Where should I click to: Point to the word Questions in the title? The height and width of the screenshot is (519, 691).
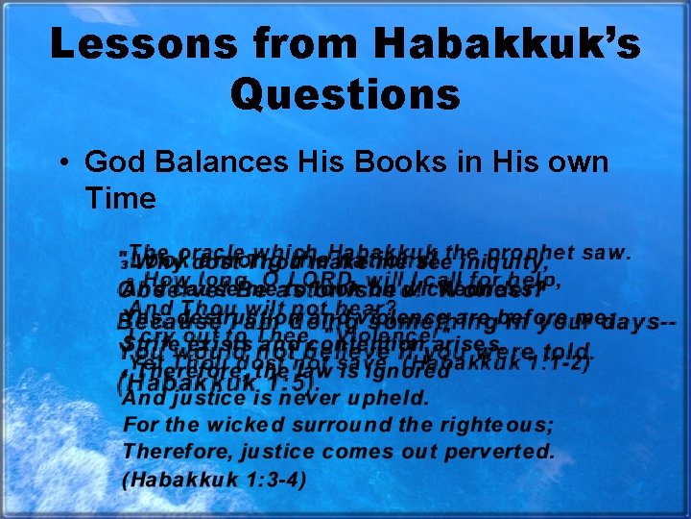[345, 95]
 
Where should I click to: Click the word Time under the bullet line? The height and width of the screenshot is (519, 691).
[120, 199]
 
